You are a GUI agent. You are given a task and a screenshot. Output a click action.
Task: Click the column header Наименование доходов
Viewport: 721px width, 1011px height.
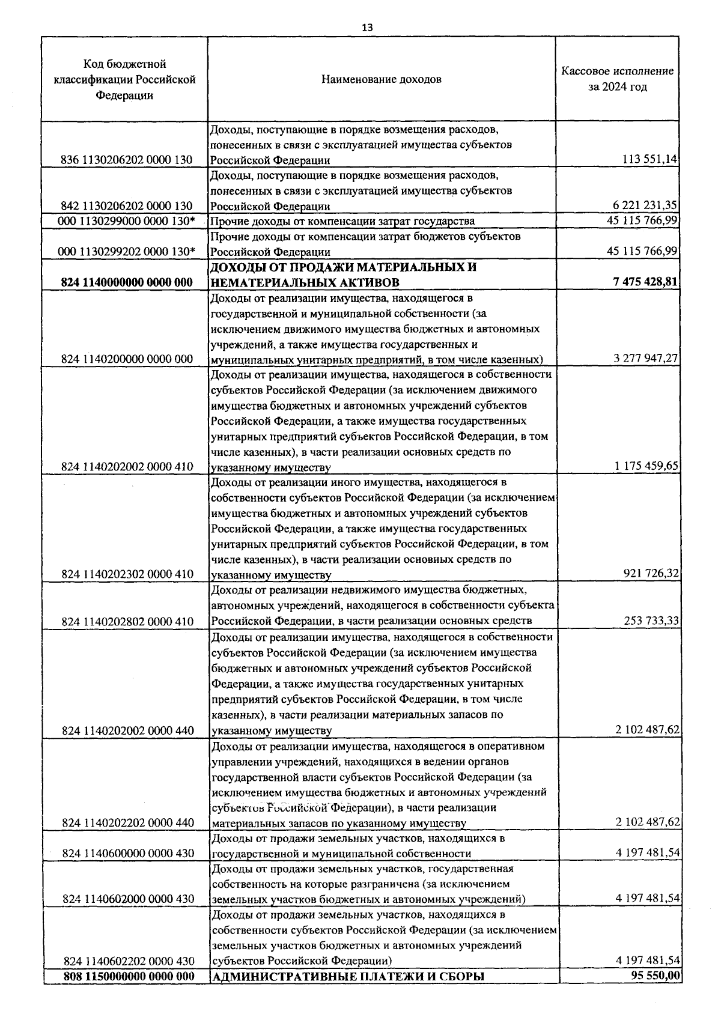tap(381, 79)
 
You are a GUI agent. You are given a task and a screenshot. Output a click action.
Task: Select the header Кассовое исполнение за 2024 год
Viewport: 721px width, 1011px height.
tap(617, 79)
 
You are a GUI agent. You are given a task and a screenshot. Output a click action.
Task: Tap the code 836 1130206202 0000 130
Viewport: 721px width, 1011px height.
tap(127, 160)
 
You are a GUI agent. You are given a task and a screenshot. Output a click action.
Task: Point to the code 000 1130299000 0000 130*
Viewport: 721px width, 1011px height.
tap(127, 221)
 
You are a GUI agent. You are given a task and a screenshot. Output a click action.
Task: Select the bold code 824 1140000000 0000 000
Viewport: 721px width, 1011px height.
tap(127, 283)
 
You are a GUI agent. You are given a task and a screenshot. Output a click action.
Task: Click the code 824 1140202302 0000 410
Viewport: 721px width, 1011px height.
tap(127, 574)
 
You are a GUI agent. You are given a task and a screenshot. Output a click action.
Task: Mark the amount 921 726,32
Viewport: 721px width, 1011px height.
tap(651, 574)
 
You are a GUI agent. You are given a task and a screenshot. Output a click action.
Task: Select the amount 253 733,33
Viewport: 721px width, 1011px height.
tap(651, 621)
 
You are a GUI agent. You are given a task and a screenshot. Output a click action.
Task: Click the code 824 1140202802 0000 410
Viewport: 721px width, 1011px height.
tap(127, 622)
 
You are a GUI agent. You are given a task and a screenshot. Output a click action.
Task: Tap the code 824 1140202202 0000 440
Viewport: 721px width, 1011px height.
tap(127, 823)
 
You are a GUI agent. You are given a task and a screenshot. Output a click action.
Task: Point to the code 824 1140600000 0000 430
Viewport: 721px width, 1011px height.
tap(127, 854)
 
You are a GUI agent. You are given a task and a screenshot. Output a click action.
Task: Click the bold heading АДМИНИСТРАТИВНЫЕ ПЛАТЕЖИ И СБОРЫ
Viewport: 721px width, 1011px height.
tap(348, 977)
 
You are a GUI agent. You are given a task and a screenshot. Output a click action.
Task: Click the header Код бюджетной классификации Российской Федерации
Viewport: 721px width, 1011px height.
tap(124, 79)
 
